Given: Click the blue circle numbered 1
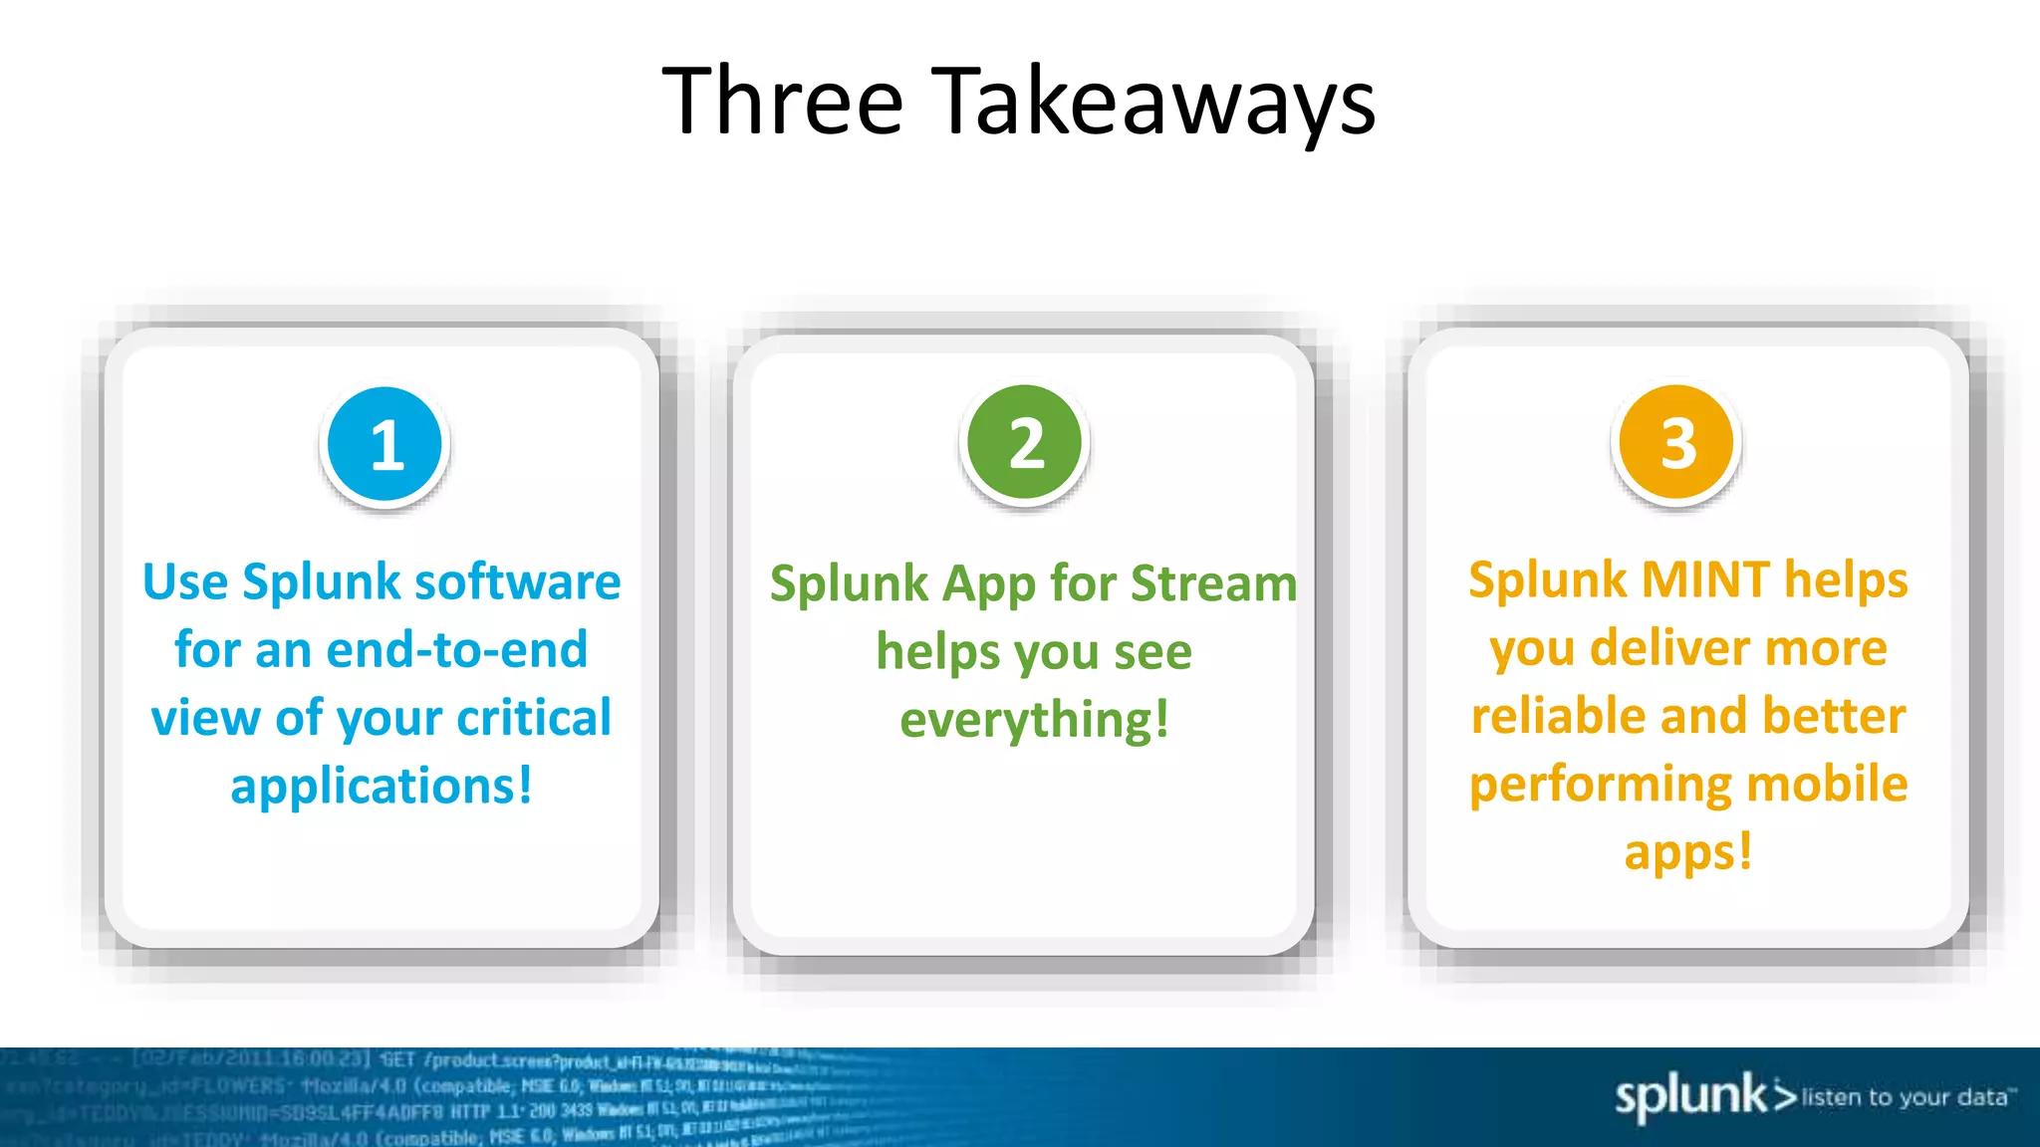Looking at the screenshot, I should click(x=384, y=444).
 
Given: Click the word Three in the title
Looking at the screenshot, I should click(x=782, y=102).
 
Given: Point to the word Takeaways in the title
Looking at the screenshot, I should click(x=1155, y=104).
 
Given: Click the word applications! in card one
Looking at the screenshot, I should click(x=382, y=787).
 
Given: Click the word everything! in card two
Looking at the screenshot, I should click(x=1034, y=720).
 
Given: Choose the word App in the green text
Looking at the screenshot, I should click(x=988, y=585).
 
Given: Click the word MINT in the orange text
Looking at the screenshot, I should click(x=1705, y=579).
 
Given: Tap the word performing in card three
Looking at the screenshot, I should click(x=1601, y=786).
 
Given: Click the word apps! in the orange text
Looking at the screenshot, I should click(x=1687, y=852).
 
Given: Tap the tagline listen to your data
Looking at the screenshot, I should click(x=1907, y=1097).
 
